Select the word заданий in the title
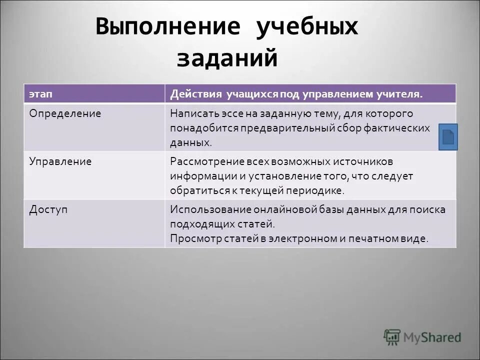coord(226,58)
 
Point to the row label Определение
coord(65,114)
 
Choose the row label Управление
coord(60,162)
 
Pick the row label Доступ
coord(48,210)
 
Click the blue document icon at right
coord(448,137)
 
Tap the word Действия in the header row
coord(194,94)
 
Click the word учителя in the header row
coord(401,94)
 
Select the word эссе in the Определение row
coord(226,114)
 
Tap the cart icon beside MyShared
coord(392,336)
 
